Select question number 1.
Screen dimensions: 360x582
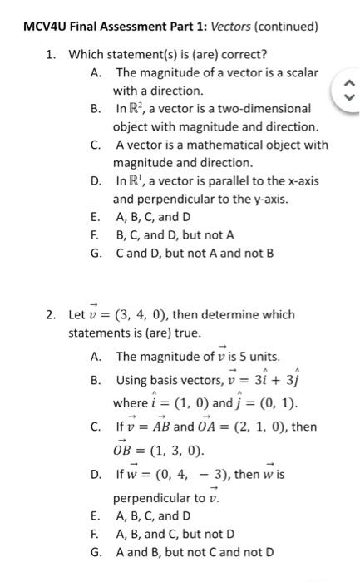(51, 55)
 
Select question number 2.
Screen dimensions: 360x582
(51, 314)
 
